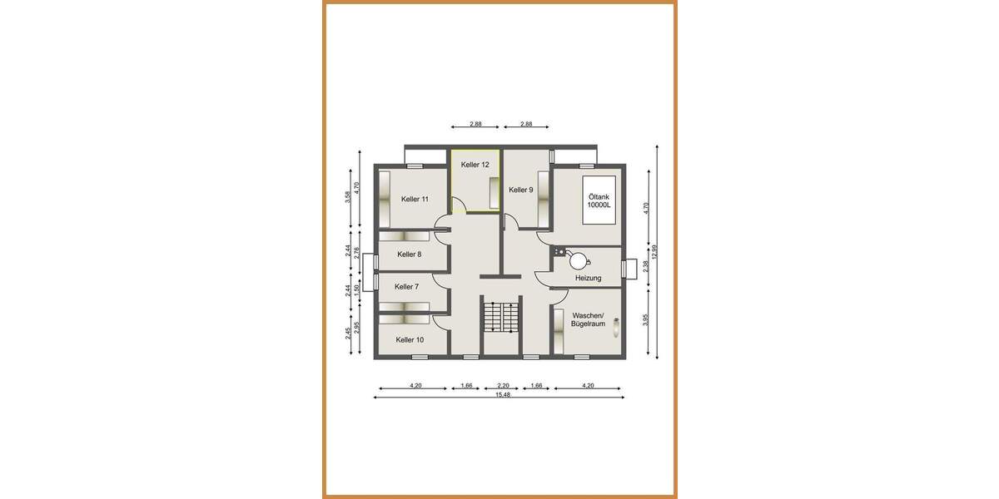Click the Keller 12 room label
pyautogui.click(x=475, y=165)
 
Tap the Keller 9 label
pyautogui.click(x=520, y=190)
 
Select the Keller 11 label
pyautogui.click(x=415, y=199)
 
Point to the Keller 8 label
pyautogui.click(x=409, y=254)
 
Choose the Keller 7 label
pyautogui.click(x=406, y=286)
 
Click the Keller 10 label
pyautogui.click(x=410, y=339)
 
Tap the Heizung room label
pyautogui.click(x=588, y=278)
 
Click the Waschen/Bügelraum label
pyautogui.click(x=588, y=319)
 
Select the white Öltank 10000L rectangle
pyautogui.click(x=599, y=200)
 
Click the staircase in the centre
pyautogui.click(x=501, y=318)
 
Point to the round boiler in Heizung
pyautogui.click(x=579, y=259)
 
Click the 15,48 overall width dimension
pyautogui.click(x=502, y=394)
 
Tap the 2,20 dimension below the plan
pyautogui.click(x=502, y=385)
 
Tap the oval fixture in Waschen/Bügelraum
pyautogui.click(x=615, y=327)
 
